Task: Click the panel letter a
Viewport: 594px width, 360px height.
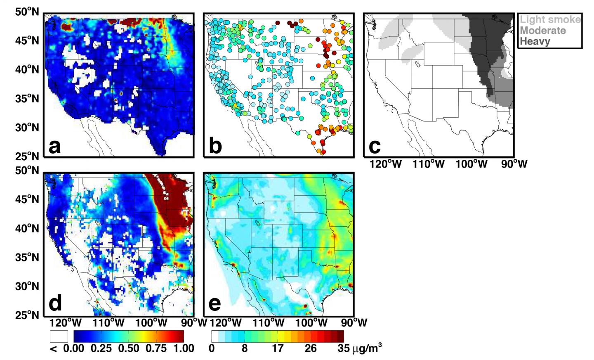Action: point(55,146)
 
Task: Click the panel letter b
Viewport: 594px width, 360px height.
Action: point(215,146)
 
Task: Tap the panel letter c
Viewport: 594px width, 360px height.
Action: point(375,146)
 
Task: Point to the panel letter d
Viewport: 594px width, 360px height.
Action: point(55,303)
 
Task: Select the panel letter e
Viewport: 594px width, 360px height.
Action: point(215,303)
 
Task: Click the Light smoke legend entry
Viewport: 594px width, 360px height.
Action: point(550,19)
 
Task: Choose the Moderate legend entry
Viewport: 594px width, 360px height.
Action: point(542,30)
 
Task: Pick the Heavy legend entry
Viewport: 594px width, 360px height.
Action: point(535,41)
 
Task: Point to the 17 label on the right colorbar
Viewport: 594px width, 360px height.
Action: point(278,348)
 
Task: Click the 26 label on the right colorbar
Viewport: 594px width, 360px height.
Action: point(311,348)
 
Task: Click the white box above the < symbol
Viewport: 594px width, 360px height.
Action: point(59,336)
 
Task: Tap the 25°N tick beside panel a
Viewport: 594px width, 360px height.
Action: point(28,156)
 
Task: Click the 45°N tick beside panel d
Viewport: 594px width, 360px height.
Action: point(28,199)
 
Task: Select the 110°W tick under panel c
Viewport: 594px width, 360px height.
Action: point(429,164)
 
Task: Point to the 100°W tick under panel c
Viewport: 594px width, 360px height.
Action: point(471,164)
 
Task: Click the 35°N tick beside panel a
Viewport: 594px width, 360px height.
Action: point(28,99)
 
